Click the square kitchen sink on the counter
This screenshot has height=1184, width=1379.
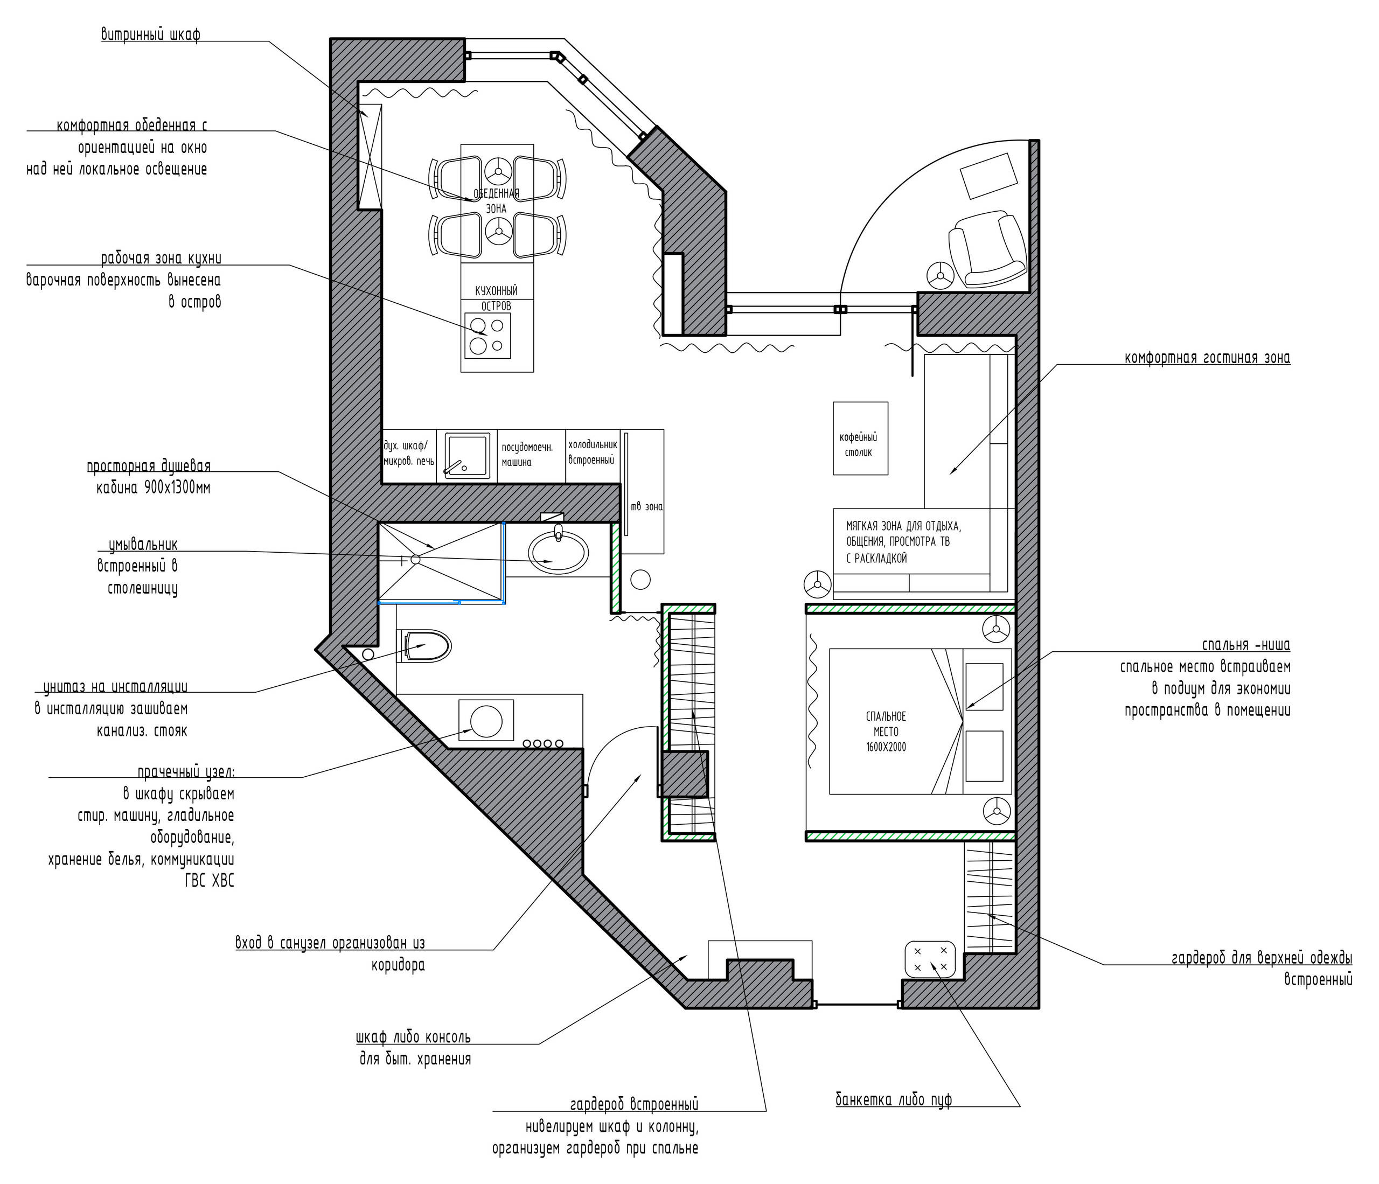tap(466, 455)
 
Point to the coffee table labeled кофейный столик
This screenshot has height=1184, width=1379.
tap(861, 438)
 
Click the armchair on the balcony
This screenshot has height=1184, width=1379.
tap(987, 249)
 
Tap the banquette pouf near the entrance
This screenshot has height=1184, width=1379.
tap(930, 959)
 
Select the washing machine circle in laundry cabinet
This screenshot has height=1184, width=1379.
tap(486, 720)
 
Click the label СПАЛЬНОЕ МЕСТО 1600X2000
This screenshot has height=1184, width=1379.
tap(886, 732)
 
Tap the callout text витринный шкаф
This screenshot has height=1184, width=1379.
tap(150, 34)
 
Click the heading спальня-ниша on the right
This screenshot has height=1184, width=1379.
tap(1246, 645)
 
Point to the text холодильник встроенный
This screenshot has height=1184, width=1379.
tap(593, 452)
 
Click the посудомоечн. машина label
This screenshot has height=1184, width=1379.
tap(527, 455)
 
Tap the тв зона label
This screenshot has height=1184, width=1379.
tap(646, 506)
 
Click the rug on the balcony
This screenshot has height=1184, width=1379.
tap(988, 175)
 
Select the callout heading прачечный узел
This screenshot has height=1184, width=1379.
tap(186, 772)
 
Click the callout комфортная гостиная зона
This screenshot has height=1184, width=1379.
tap(1207, 357)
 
